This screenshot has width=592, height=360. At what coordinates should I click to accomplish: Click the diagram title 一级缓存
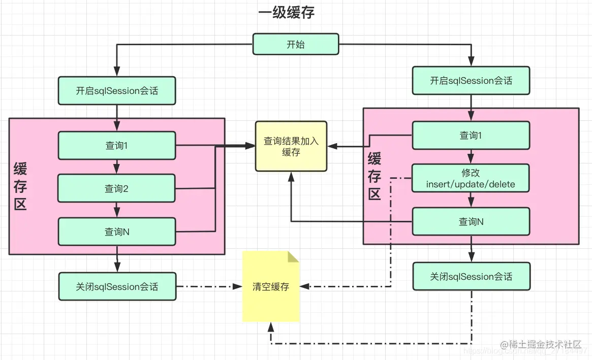(286, 12)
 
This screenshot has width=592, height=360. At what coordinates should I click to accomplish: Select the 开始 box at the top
(296, 44)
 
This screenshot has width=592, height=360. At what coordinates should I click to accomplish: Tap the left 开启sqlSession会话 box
(117, 91)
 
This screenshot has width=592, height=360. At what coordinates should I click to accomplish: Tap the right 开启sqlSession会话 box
(471, 81)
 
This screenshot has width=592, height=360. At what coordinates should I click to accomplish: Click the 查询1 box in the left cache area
(117, 145)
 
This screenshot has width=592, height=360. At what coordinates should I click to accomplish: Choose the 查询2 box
(117, 188)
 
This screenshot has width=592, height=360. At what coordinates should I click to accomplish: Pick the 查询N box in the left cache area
(117, 232)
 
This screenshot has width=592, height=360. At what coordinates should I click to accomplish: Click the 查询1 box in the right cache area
(471, 135)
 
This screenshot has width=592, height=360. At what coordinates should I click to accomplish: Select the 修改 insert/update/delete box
(471, 179)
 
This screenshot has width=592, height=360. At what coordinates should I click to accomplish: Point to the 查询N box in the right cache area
(471, 221)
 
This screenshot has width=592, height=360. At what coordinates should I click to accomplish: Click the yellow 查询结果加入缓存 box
(291, 146)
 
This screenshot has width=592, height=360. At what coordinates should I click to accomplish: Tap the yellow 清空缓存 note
(271, 287)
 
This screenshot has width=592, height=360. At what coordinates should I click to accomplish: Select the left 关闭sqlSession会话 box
(117, 287)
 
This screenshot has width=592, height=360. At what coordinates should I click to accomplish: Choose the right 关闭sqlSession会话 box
(471, 277)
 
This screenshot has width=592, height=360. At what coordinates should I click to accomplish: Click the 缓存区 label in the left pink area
(20, 187)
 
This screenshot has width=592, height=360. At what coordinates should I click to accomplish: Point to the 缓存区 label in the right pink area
(375, 177)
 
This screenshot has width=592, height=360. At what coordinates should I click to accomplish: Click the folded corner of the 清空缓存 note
(294, 256)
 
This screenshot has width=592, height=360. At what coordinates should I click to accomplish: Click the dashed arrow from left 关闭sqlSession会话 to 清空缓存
(208, 287)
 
